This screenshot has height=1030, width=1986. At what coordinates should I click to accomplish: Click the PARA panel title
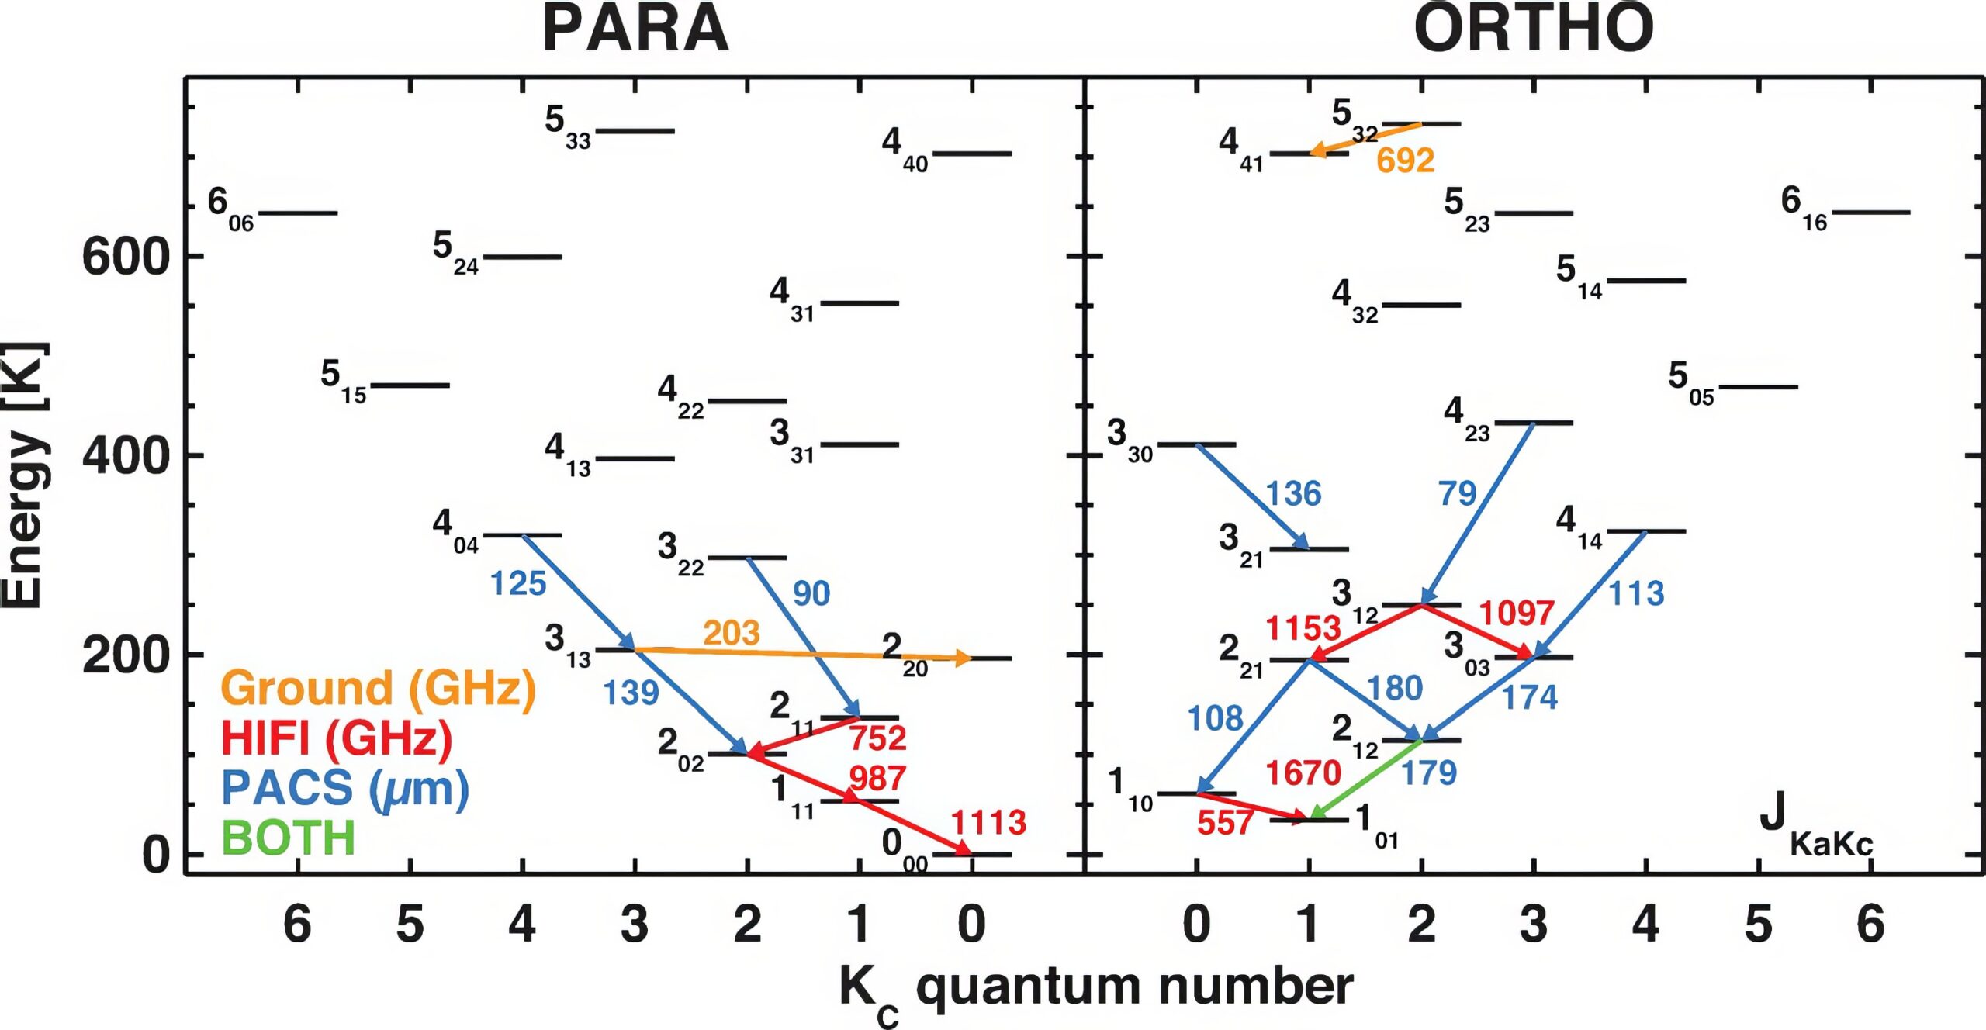point(635,29)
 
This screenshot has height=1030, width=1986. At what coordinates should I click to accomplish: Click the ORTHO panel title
point(1534,29)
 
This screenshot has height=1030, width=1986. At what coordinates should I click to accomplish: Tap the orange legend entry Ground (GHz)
point(379,688)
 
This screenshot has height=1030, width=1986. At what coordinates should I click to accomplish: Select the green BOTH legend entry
point(289,838)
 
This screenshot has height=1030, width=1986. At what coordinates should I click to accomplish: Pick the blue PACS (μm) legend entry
point(345,788)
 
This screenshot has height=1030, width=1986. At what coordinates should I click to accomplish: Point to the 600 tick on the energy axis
point(126,257)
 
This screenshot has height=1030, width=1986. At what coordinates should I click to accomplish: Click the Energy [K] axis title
point(25,475)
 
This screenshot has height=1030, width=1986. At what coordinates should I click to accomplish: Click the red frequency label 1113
point(988,822)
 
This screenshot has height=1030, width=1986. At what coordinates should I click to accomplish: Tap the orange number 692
point(1405,161)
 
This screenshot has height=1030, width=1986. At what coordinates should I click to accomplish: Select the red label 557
point(1225,823)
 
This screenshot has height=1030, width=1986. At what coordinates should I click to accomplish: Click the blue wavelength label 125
point(518,583)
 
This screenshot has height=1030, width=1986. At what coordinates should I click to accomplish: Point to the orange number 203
point(731,633)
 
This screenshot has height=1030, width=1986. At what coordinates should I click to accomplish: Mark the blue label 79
point(1457,493)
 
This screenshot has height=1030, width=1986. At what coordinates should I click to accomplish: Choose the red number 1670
point(1303,773)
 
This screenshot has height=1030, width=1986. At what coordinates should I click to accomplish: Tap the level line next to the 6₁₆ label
point(1871,212)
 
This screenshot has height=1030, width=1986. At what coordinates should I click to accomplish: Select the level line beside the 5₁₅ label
point(410,385)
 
